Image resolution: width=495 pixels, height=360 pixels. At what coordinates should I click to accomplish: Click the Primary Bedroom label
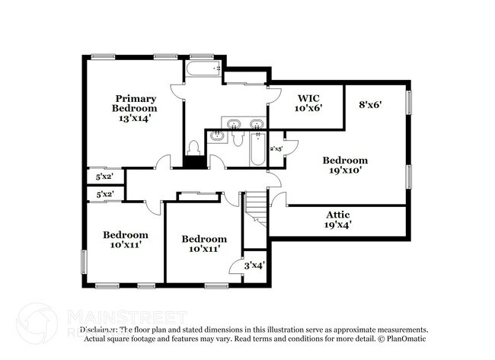point(136,104)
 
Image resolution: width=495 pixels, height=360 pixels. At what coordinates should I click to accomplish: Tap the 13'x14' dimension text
point(136,118)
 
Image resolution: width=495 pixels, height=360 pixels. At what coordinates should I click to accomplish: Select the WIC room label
point(308,98)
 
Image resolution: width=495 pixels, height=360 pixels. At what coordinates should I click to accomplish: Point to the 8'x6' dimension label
point(369,105)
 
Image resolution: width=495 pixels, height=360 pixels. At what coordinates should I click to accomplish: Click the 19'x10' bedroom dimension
point(345,170)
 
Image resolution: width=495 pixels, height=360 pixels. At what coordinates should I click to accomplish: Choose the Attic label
point(339,214)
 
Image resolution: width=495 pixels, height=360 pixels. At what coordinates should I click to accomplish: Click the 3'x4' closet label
point(254,266)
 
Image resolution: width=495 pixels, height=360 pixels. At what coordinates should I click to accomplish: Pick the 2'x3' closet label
point(277,148)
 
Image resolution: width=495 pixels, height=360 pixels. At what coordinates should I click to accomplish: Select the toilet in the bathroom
point(193,146)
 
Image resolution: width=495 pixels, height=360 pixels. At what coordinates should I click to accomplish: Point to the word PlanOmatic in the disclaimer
point(406,339)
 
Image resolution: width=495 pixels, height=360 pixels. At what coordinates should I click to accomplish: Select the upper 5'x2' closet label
point(104,177)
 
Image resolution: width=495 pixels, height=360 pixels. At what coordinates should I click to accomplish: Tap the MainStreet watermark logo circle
point(36,323)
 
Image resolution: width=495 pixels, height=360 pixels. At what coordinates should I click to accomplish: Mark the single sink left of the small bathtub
point(218,137)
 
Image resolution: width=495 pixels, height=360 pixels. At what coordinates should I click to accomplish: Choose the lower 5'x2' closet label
point(104,194)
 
